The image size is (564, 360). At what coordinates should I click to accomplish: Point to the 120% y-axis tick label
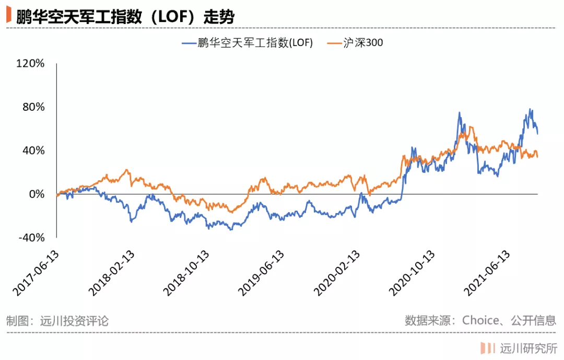[x=31, y=64]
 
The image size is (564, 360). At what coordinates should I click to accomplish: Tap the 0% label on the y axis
[x=37, y=194]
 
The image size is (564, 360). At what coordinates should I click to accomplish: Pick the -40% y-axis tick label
[x=31, y=238]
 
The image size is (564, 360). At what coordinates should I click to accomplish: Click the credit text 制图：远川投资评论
[x=57, y=320]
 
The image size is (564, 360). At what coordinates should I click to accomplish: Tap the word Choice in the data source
[x=480, y=320]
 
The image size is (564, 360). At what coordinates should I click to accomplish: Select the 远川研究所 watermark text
[x=528, y=348]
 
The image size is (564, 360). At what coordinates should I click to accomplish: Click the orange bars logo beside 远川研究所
[x=488, y=348]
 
